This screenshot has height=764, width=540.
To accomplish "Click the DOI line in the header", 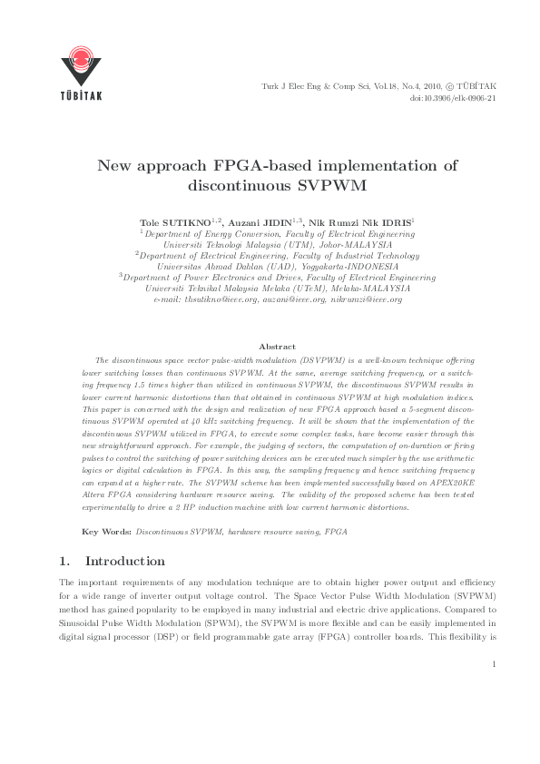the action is click(x=453, y=97).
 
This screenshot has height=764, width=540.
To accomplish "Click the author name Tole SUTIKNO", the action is click(x=173, y=222).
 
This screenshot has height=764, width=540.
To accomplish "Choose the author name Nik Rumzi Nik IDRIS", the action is click(x=359, y=222).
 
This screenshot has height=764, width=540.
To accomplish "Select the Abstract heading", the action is click(x=277, y=347).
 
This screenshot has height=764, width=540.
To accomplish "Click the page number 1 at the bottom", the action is click(x=493, y=664).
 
